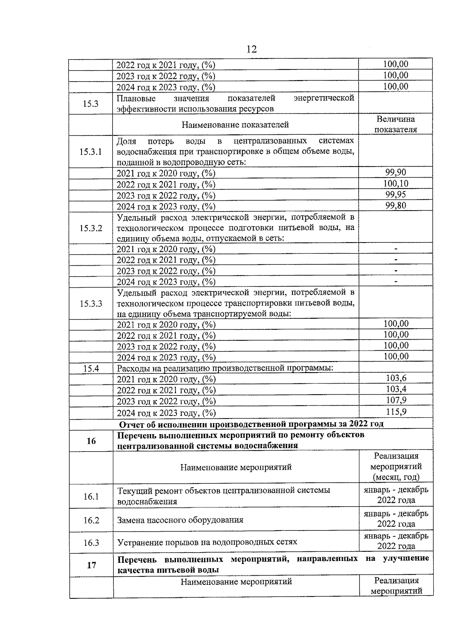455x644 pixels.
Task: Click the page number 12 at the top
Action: point(251,49)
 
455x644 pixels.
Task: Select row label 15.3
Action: point(91,103)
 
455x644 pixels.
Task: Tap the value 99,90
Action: point(395,173)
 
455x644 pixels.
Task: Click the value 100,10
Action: point(395,184)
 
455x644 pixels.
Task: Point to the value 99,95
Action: point(395,195)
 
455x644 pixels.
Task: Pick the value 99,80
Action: point(395,206)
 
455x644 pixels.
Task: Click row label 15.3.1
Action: point(91,152)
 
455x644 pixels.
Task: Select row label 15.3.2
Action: point(91,228)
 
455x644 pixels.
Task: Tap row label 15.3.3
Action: point(91,304)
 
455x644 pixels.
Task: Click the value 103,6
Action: point(396,378)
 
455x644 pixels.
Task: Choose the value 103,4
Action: point(396,389)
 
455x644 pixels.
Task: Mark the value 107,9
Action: point(396,400)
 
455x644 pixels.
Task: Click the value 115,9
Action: point(396,412)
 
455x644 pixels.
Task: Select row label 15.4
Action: point(91,368)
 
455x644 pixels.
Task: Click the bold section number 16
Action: point(91,441)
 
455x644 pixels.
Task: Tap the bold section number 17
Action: point(91,565)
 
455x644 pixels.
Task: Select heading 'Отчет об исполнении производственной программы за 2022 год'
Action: point(251,424)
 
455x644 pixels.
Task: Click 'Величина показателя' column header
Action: point(395,124)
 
